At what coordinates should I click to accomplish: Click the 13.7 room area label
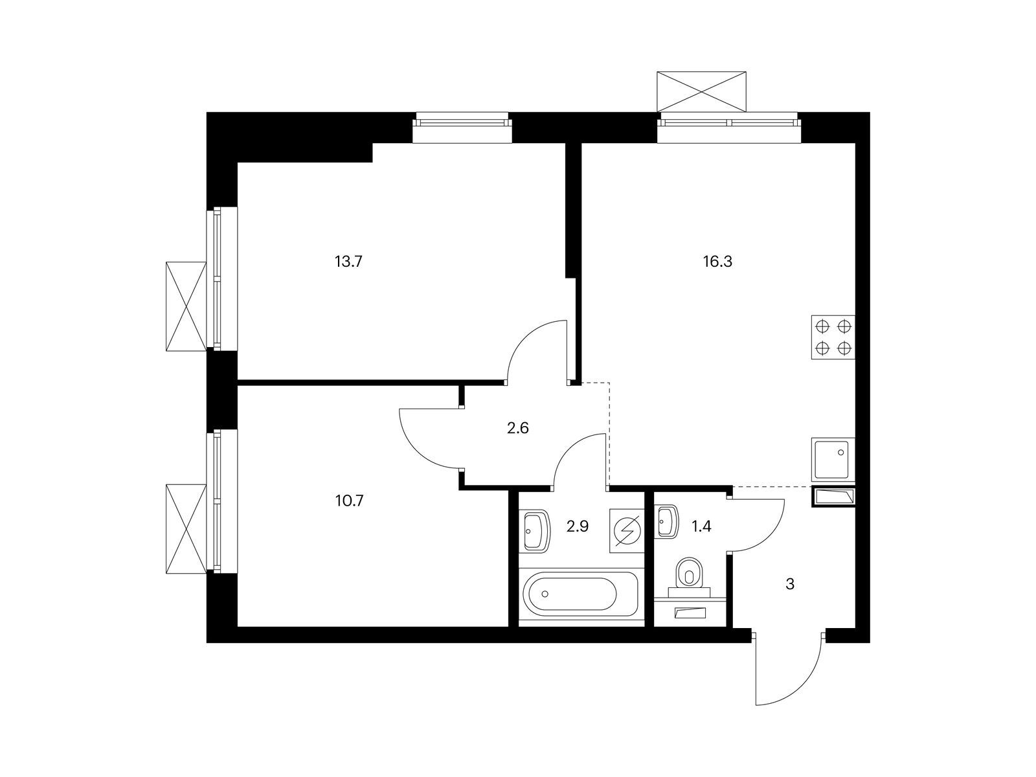coord(348,262)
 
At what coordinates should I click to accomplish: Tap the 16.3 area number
coord(717,262)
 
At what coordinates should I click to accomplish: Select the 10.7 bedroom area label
coord(349,500)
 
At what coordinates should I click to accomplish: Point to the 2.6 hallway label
coord(518,429)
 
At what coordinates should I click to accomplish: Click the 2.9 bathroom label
coord(577,526)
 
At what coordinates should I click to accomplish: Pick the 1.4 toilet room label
coord(701,526)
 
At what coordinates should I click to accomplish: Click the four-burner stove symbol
coord(833,337)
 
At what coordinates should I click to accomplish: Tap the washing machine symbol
coord(627,531)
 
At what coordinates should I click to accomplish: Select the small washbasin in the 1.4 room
coord(667,521)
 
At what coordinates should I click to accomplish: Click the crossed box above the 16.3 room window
coord(701,92)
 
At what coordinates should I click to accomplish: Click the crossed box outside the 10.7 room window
coord(186,529)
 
